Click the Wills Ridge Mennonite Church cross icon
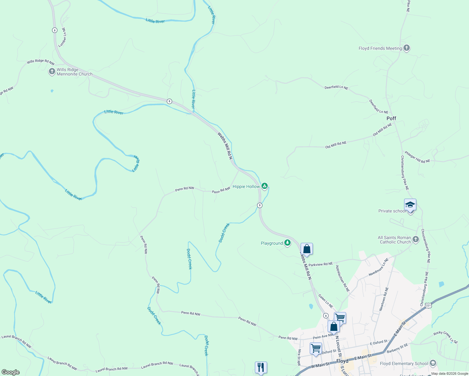click(x=52, y=71)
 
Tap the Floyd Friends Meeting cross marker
click(x=407, y=48)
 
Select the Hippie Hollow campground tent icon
click(x=265, y=186)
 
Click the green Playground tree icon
click(x=287, y=243)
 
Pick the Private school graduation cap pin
click(x=410, y=205)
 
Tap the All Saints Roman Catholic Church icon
click(x=416, y=240)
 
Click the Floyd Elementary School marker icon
click(x=433, y=363)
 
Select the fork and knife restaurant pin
click(x=261, y=367)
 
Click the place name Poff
click(x=391, y=118)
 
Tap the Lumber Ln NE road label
click(x=63, y=37)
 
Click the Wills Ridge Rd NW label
click(x=40, y=62)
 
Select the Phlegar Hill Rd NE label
click(x=417, y=157)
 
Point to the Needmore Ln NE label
click(x=378, y=267)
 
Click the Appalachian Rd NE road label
click(x=342, y=279)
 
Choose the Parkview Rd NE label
click(x=321, y=264)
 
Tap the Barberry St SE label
click(x=397, y=348)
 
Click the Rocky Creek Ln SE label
click(x=445, y=337)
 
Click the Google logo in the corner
click(x=11, y=372)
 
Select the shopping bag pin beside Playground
click(x=307, y=249)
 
